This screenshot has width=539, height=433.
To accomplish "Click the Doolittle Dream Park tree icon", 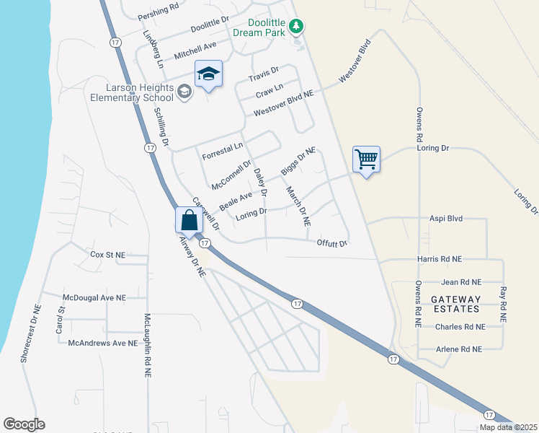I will point(295,27).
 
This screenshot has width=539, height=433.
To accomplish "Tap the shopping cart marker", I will point(366,159).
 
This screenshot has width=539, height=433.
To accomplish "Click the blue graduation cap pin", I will point(208,74).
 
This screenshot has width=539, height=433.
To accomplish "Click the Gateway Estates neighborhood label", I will point(455,304).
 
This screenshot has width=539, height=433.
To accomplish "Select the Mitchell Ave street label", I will point(195,51).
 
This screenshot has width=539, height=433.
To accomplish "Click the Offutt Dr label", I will point(332,243).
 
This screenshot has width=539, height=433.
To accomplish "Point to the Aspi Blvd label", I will point(445,218).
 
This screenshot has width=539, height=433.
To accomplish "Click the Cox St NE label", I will point(108,255).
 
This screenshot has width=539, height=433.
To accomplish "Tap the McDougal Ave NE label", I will point(94,297).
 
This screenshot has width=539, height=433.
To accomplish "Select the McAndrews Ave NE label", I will point(102,344).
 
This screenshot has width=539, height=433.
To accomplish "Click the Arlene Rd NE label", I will point(459,349).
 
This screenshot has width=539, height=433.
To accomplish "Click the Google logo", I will point(24,424).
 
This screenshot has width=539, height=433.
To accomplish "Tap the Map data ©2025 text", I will point(508,427).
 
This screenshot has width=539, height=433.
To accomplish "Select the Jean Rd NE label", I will point(459,282).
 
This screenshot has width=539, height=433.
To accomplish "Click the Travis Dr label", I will point(263,74).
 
